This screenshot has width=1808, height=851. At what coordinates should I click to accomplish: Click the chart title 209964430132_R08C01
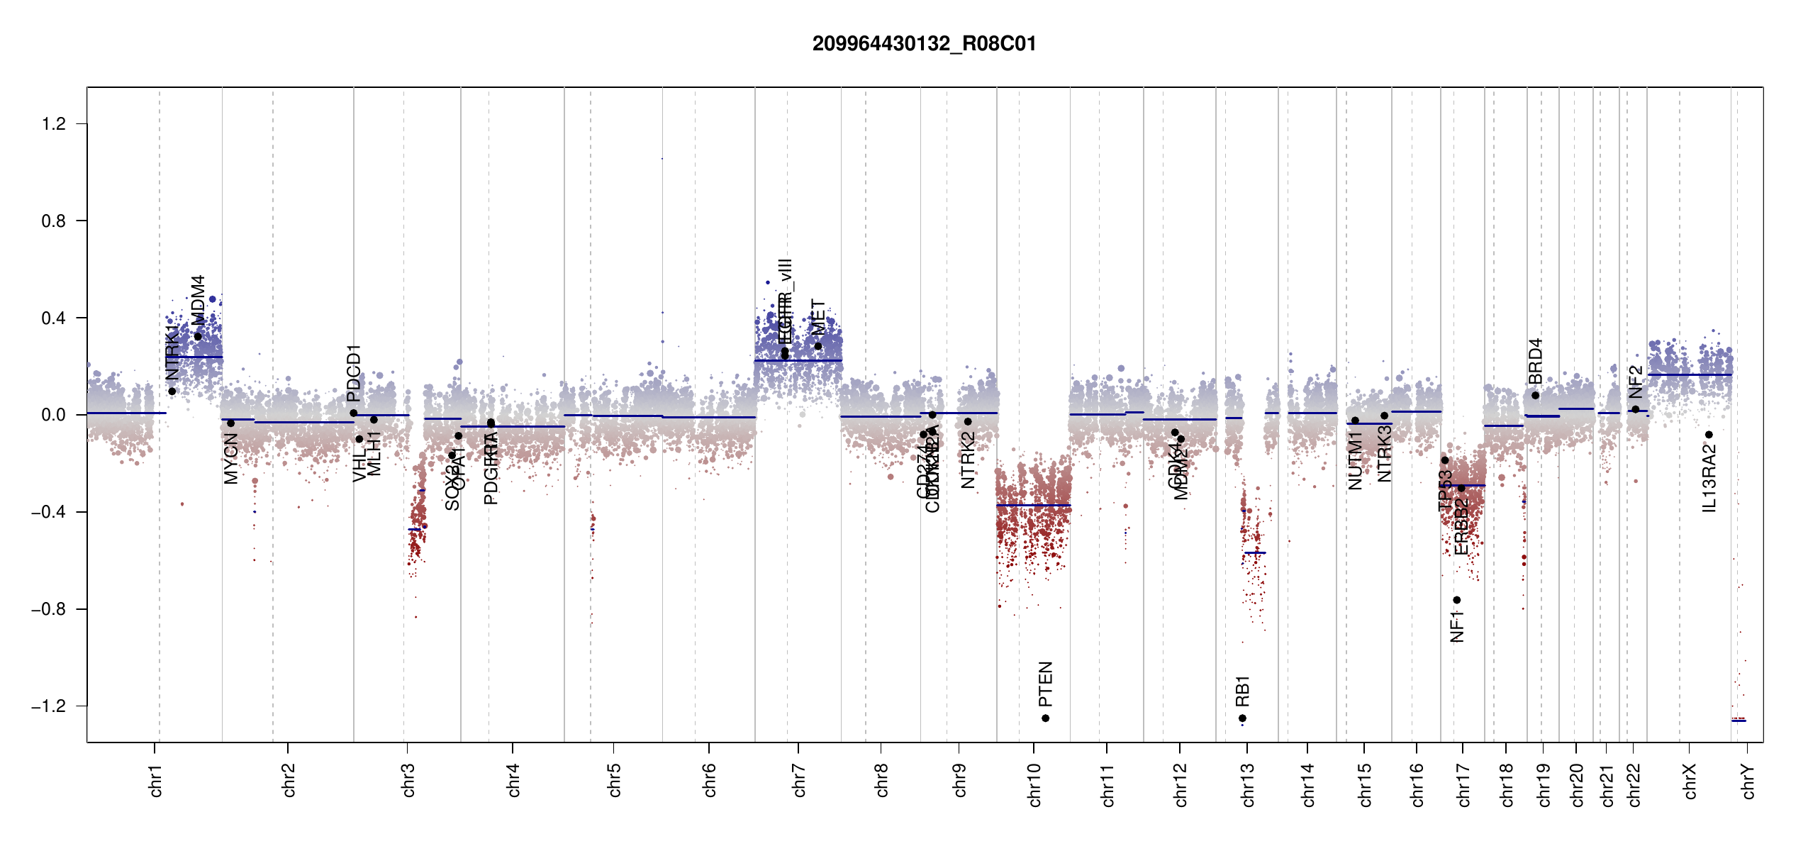[x=924, y=44]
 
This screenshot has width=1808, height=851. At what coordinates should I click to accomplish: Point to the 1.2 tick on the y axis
[x=54, y=124]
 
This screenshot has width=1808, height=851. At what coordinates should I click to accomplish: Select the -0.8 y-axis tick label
[x=48, y=609]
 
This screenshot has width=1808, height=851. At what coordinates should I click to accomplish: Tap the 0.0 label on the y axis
[x=54, y=415]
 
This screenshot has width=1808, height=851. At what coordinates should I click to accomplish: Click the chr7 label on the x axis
[x=799, y=780]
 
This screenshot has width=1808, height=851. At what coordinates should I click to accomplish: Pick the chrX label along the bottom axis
[x=1690, y=781]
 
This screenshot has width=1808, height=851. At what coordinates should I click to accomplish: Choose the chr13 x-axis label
[x=1248, y=784]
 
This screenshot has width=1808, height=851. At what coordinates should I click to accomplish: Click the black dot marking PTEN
[x=1045, y=718]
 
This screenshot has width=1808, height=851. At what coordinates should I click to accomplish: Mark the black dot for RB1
[x=1242, y=718]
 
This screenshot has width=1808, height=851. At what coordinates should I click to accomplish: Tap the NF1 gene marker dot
[x=1456, y=600]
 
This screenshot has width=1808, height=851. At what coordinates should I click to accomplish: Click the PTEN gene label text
[x=1045, y=684]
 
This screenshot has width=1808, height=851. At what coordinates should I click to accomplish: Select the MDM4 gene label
[x=198, y=300]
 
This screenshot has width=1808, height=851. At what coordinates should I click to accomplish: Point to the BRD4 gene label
[x=1535, y=361]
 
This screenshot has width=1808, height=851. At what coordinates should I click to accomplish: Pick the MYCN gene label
[x=230, y=459]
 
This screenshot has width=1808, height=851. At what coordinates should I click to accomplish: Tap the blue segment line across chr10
[x=1033, y=505]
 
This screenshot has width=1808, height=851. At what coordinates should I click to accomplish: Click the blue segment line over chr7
[x=798, y=360]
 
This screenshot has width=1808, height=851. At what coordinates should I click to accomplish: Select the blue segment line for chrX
[x=1689, y=374]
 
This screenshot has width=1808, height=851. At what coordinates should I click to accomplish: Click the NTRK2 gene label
[x=968, y=460]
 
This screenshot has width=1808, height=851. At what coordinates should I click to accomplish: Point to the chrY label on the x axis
[x=1748, y=781]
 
